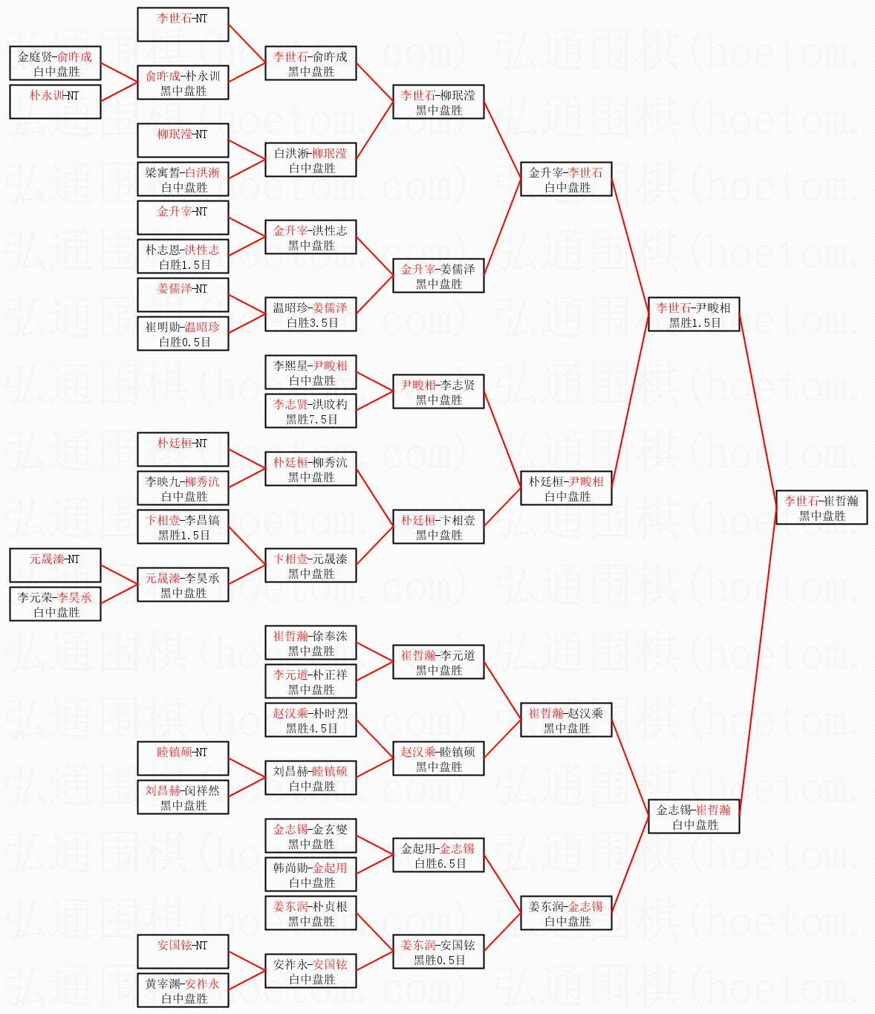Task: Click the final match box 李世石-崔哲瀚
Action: coord(822,508)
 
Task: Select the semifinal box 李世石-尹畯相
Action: coord(694,315)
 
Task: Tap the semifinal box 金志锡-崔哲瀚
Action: coord(694,817)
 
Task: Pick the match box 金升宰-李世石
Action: coord(566,180)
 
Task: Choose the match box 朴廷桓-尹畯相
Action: coord(566,489)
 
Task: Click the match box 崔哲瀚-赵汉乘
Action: coord(566,721)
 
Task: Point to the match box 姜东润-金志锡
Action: coord(566,914)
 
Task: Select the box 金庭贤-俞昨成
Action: coord(55,64)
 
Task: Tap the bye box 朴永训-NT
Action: coord(55,102)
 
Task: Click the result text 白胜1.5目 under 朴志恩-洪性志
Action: coord(184,264)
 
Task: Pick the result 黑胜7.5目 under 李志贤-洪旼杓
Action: coord(312,420)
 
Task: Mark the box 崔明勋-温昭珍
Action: coord(183,334)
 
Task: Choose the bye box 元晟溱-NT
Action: coord(55,565)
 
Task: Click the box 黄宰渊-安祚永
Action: coord(183,991)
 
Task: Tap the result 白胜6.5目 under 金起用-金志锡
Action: coord(440,864)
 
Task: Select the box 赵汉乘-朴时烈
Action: coord(310,721)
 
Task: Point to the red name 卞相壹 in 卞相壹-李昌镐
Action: coord(162,520)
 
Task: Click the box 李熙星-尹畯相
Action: coord(310,373)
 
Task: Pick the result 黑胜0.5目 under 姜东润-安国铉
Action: coord(440,961)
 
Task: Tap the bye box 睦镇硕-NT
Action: coord(183,758)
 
